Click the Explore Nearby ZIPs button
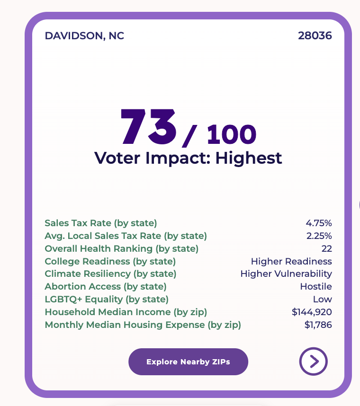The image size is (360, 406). (188, 362)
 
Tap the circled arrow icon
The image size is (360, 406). (314, 362)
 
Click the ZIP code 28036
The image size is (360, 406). (315, 36)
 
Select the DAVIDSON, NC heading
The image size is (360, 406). (84, 36)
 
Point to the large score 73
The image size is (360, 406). (149, 127)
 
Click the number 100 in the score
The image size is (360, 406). (232, 134)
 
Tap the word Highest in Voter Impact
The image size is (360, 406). (249, 158)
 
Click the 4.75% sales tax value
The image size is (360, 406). (319, 223)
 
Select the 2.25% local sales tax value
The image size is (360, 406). (319, 236)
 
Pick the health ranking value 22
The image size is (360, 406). (326, 248)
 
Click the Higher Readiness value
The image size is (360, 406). (291, 261)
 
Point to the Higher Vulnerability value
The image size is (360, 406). (286, 274)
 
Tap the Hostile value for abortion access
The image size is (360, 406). (316, 286)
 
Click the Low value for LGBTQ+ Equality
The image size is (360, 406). (323, 299)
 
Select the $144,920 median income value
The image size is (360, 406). (312, 312)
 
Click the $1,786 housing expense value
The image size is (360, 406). (318, 325)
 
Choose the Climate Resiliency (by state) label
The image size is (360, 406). (110, 274)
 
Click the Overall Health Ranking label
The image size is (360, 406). (122, 249)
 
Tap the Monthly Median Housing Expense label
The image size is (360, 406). (143, 325)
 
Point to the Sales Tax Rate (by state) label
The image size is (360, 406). (101, 223)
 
